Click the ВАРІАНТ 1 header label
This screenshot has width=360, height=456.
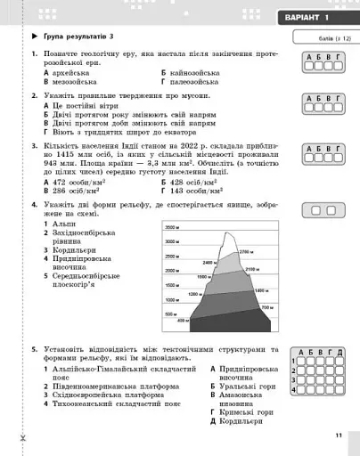coord(303,19)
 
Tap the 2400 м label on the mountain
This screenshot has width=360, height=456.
coord(209,263)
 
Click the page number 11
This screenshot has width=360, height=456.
coord(339,434)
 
